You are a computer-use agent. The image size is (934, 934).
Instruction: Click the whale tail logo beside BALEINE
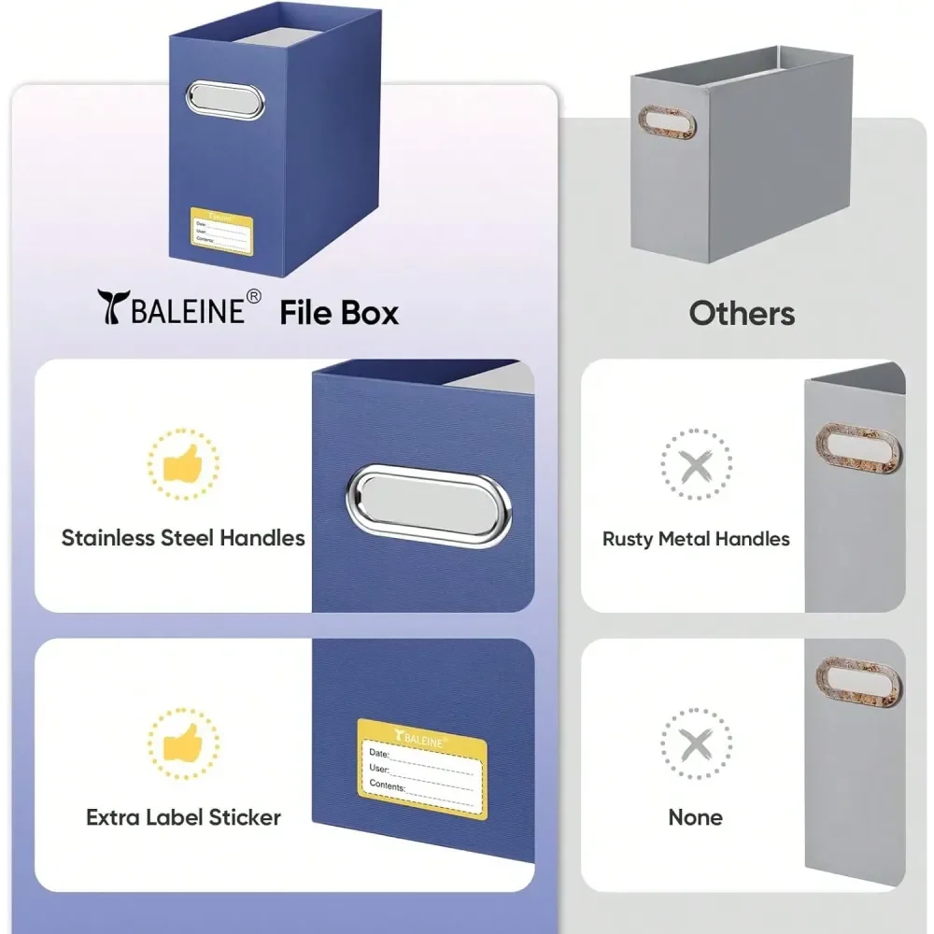[114, 306]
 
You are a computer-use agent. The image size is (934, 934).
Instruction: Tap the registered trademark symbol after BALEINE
[253, 297]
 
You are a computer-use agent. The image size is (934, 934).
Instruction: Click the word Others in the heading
[742, 313]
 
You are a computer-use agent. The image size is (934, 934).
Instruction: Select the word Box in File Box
[370, 313]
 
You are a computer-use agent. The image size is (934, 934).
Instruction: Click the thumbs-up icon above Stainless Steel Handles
[183, 463]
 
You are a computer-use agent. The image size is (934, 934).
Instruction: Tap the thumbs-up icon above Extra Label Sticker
[183, 743]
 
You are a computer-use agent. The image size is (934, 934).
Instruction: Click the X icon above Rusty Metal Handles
[696, 464]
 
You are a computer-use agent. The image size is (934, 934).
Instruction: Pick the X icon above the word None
[696, 744]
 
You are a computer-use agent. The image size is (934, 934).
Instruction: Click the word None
[695, 817]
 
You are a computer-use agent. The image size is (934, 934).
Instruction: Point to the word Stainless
[107, 538]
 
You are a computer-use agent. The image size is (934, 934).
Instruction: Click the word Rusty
[628, 539]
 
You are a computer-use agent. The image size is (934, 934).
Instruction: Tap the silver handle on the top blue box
[224, 100]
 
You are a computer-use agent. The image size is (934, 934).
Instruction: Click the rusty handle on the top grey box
[667, 123]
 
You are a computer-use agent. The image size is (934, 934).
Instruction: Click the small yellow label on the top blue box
[221, 231]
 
